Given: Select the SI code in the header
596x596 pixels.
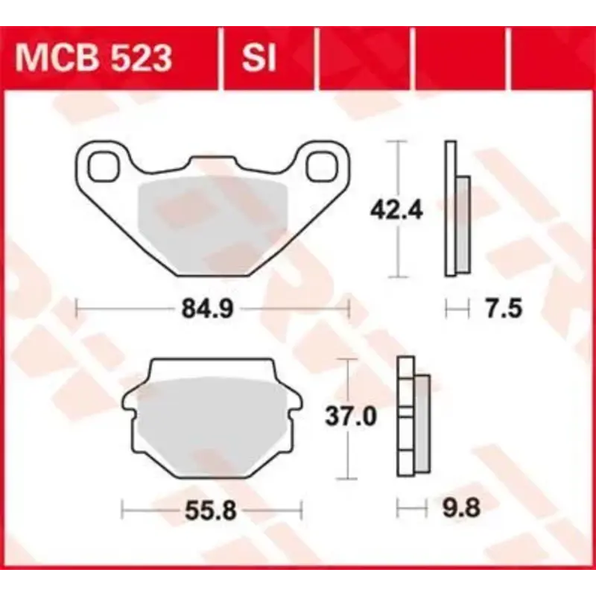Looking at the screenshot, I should coord(258,57).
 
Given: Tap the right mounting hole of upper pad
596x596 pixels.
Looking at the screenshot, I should coord(322,165).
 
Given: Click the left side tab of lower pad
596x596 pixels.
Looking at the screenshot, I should coord(127,402).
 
